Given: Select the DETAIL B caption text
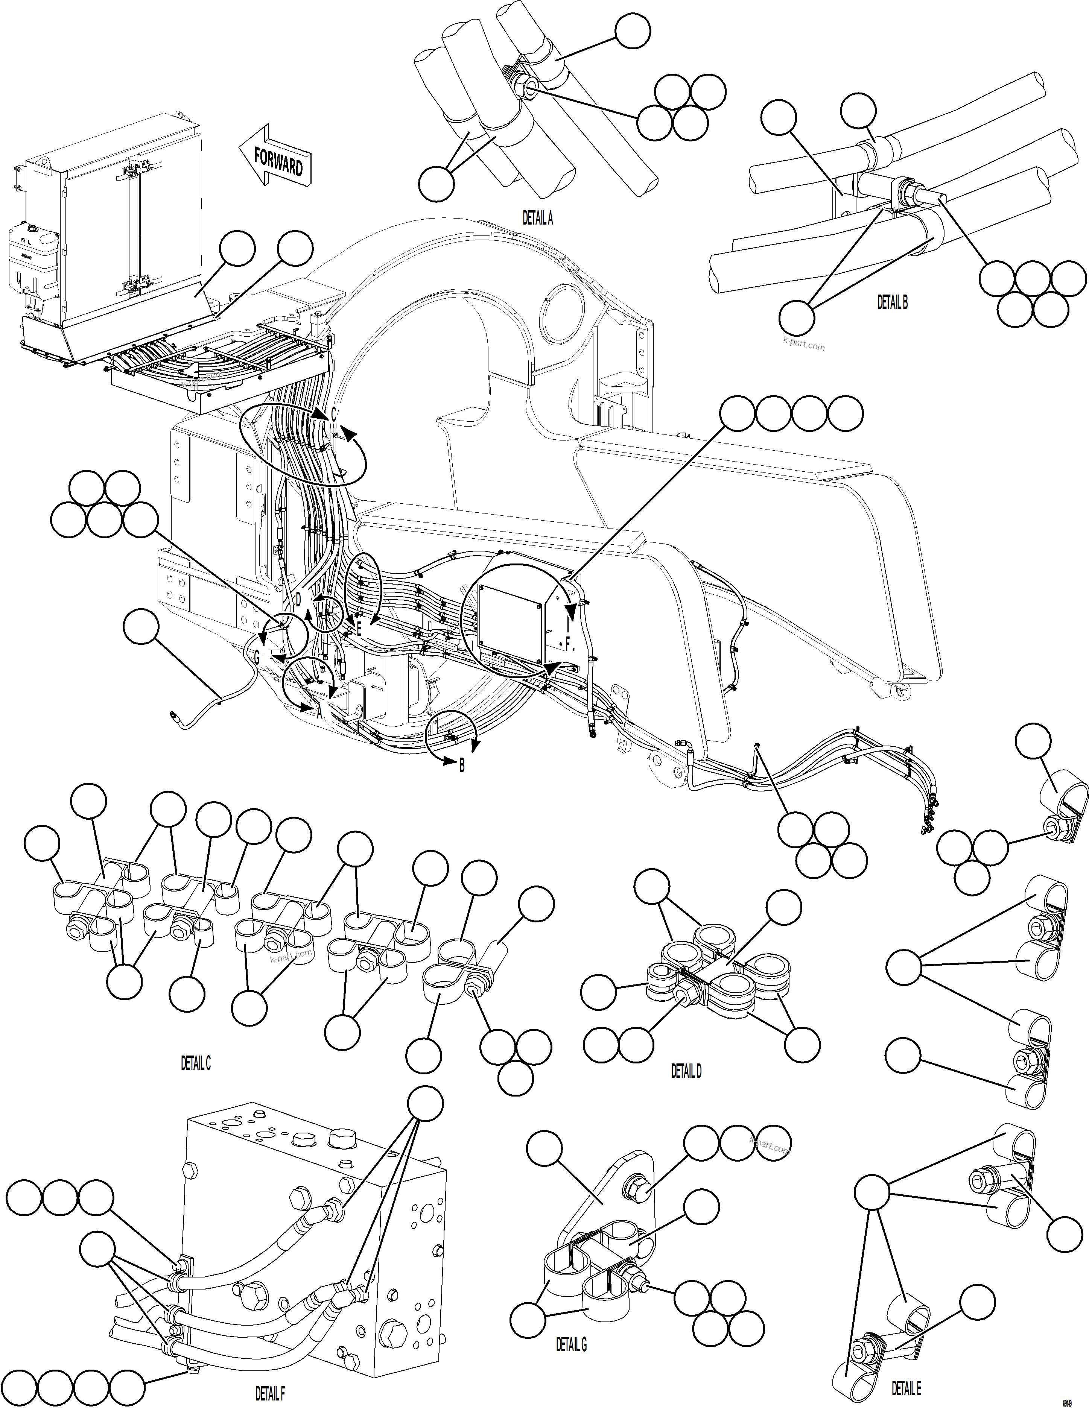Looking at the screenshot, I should coord(892,302).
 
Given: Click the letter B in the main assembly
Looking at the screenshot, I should coord(462,767).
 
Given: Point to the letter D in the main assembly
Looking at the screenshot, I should coord(298,600).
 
